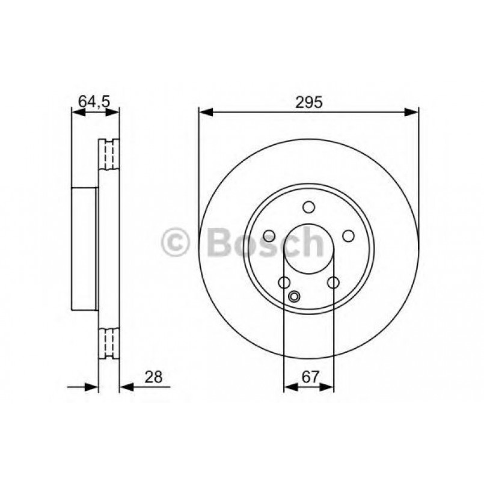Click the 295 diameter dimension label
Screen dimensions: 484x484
click(x=309, y=102)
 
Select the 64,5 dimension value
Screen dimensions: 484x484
click(x=94, y=102)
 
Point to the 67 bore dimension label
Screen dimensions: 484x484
click(x=309, y=377)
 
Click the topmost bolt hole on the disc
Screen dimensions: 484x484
click(x=308, y=207)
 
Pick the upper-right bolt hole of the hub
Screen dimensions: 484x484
click(x=348, y=236)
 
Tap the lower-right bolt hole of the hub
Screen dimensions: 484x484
click(x=333, y=282)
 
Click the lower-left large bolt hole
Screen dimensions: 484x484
click(x=284, y=282)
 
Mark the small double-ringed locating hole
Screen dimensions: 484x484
click(x=294, y=296)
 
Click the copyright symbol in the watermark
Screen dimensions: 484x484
click(x=175, y=242)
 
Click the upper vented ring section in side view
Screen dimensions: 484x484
click(x=108, y=155)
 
